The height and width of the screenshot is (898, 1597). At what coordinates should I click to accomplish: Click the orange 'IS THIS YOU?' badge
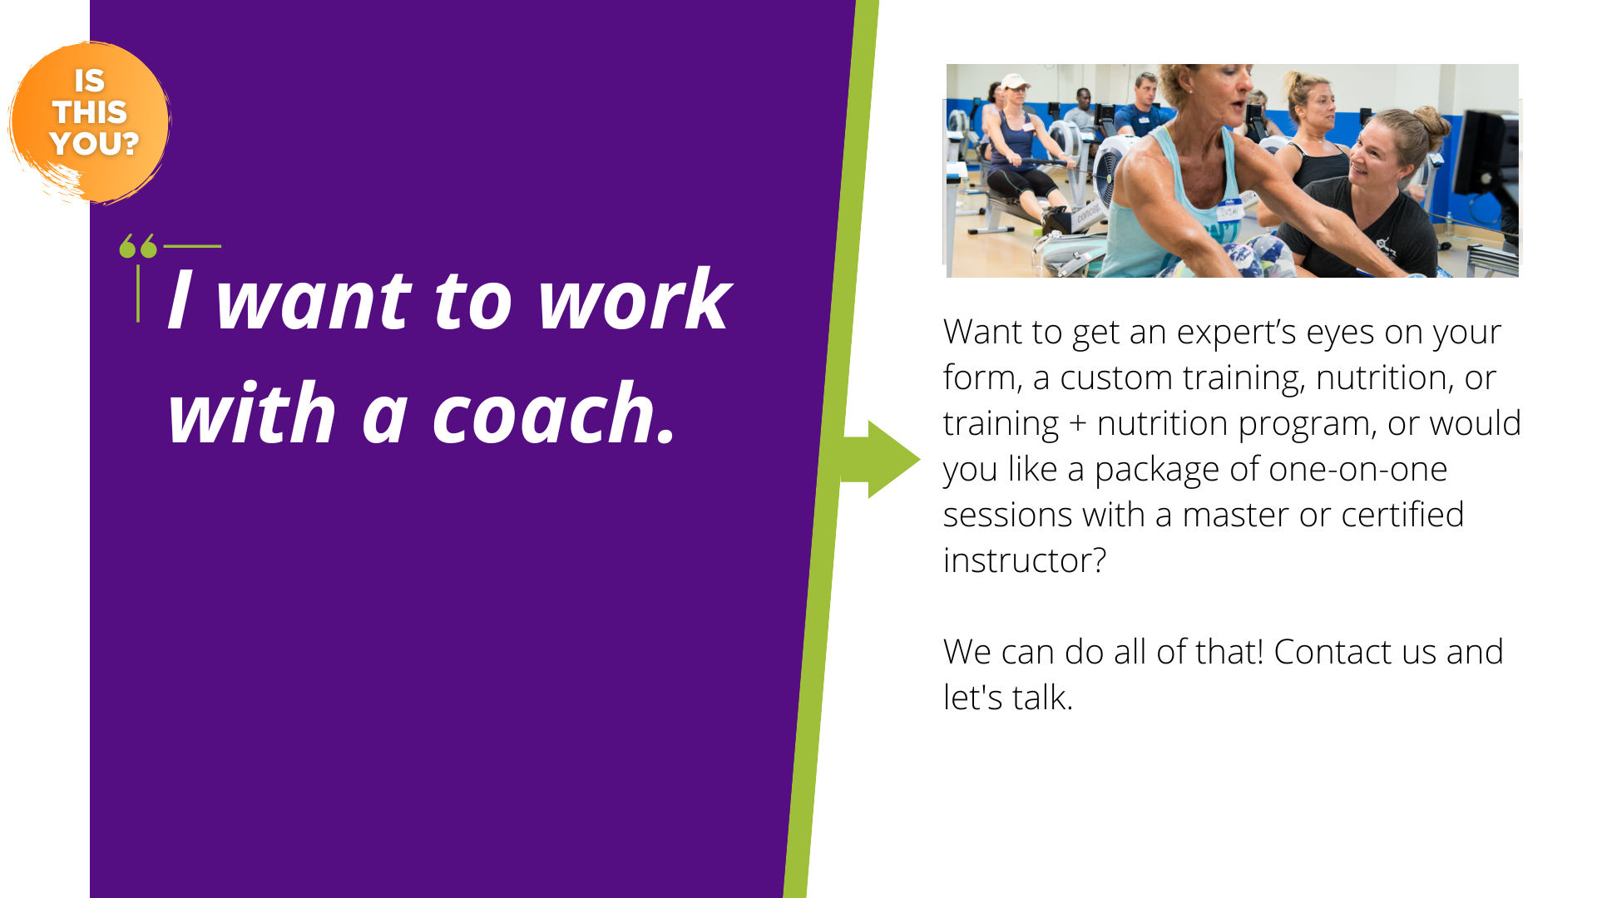pyautogui.click(x=89, y=122)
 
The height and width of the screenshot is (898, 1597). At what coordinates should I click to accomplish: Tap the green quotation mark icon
pyautogui.click(x=138, y=246)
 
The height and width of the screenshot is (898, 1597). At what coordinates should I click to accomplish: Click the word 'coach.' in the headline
pyautogui.click(x=554, y=414)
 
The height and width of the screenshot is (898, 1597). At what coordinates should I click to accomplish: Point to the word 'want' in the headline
pyautogui.click(x=314, y=301)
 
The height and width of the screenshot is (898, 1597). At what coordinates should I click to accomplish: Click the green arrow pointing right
pyautogui.click(x=881, y=459)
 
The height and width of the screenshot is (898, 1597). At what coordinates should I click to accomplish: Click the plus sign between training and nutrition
pyautogui.click(x=1078, y=424)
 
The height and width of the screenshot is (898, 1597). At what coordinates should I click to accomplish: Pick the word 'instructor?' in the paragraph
pyautogui.click(x=1025, y=560)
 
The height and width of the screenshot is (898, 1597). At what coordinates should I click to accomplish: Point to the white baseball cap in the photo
pyautogui.click(x=1015, y=81)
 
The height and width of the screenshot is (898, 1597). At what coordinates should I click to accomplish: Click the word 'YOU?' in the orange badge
pyautogui.click(x=94, y=144)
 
